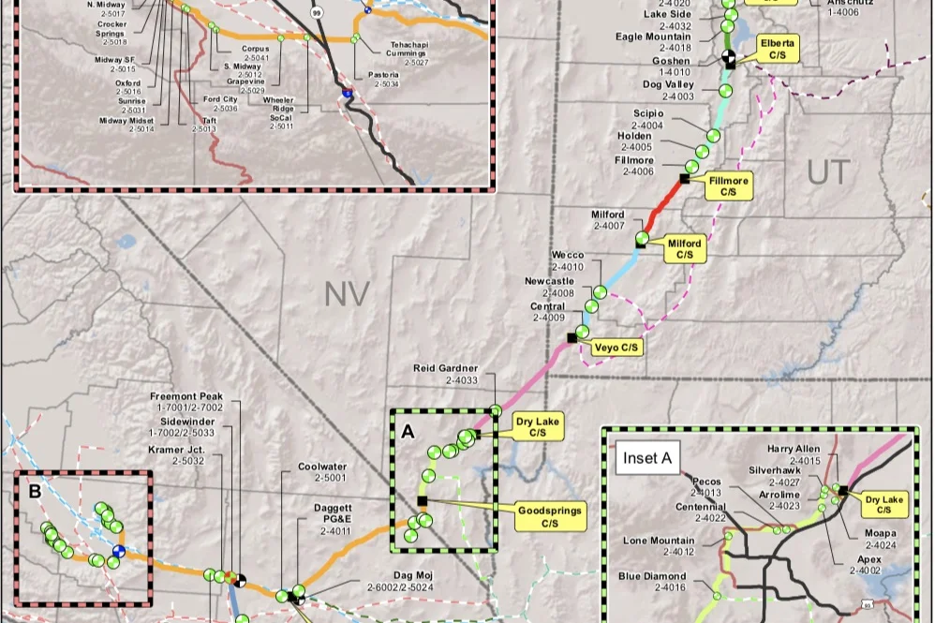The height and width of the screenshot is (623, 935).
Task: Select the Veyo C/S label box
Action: coord(616,348)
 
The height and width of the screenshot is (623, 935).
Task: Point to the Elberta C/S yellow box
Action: coord(777,50)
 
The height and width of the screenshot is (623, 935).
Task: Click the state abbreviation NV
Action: coord(347,294)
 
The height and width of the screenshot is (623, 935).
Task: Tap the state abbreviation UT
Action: coord(828,171)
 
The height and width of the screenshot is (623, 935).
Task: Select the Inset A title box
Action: coord(646,458)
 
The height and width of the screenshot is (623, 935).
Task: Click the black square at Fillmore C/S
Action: coord(685,178)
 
